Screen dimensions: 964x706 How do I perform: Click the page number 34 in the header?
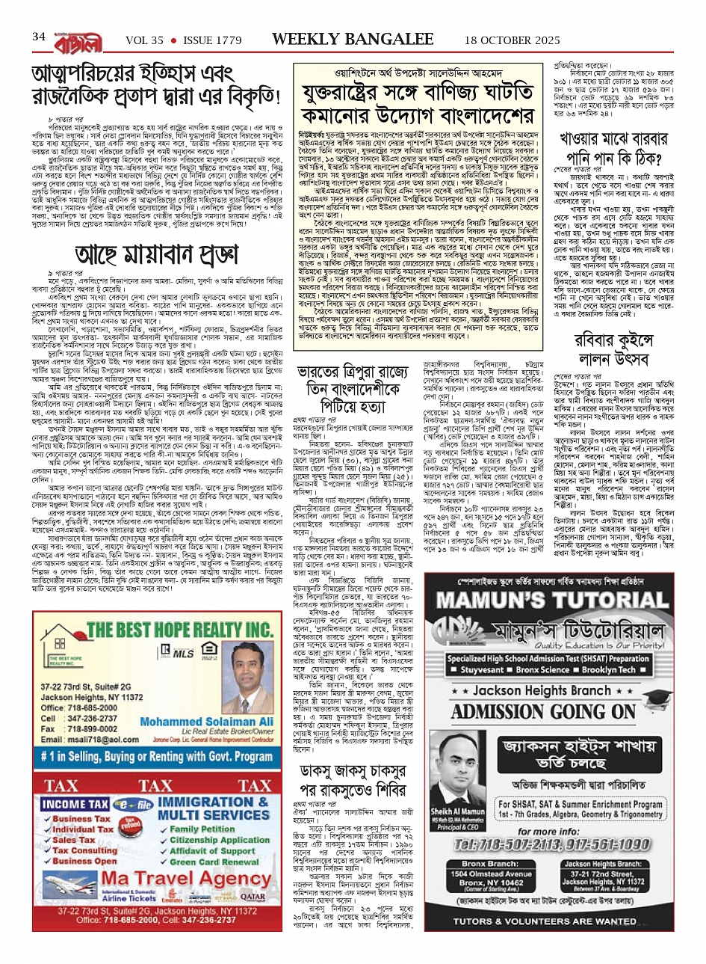[39, 36]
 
